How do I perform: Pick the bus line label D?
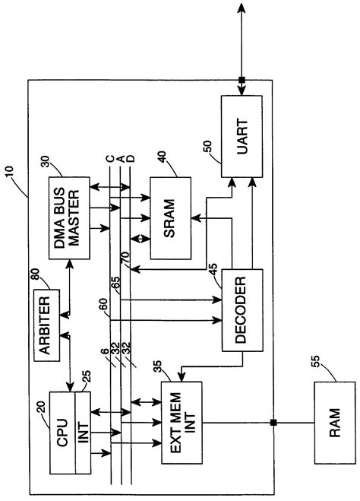131,159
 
